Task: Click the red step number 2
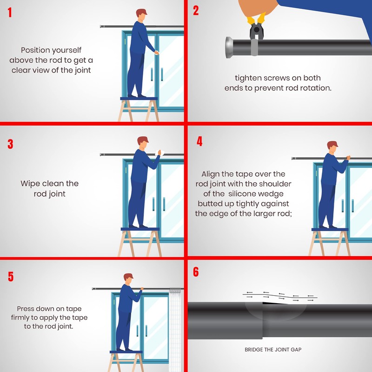point(196,11)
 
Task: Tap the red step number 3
point(10,144)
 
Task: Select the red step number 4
point(199,141)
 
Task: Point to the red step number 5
point(11,276)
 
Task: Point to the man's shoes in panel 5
point(125,349)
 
